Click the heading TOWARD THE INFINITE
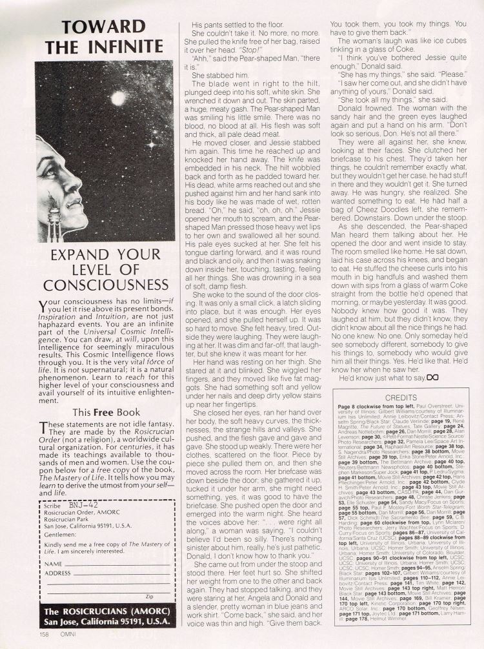click(x=95, y=36)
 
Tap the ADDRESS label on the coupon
click(x=57, y=572)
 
